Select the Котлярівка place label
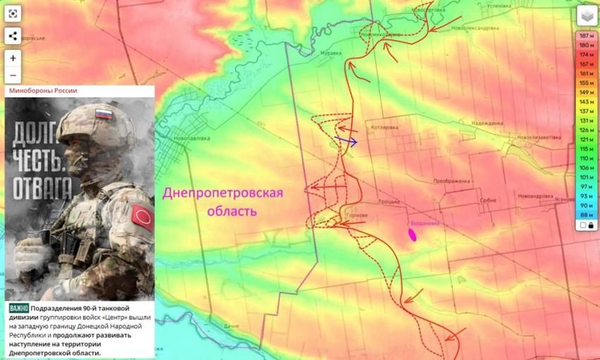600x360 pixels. pyautogui.click(x=384, y=128)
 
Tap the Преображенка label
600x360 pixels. pyautogui.click(x=452, y=181)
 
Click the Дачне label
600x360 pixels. pyautogui.click(x=232, y=326)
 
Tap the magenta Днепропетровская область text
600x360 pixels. pyautogui.click(x=223, y=202)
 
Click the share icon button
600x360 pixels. pyautogui.click(x=13, y=36)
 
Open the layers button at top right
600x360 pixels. pyautogui.click(x=585, y=16)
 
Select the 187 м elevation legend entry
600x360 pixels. pyautogui.click(x=585, y=35)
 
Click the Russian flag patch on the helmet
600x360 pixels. pyautogui.click(x=104, y=114)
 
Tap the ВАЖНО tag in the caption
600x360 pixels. pyautogui.click(x=19, y=308)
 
